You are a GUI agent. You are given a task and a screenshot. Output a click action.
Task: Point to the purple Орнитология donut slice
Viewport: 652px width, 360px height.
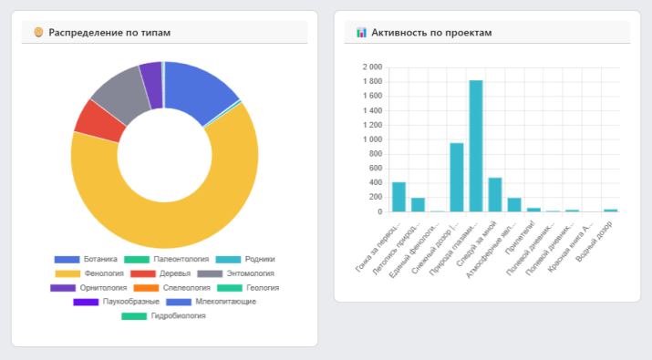(x=150, y=74)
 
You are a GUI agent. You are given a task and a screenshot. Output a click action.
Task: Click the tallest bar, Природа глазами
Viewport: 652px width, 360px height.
(x=476, y=146)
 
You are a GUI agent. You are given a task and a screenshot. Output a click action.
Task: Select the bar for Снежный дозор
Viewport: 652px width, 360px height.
(x=456, y=177)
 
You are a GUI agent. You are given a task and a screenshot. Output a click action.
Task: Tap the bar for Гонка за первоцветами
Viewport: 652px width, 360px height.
(x=398, y=197)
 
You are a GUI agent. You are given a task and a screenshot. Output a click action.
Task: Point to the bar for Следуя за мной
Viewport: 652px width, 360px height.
(x=495, y=194)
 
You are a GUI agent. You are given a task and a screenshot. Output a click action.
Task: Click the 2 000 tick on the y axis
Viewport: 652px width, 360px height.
(x=371, y=67)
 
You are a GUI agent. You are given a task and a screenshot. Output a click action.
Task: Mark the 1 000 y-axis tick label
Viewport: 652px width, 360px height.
(x=371, y=139)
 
